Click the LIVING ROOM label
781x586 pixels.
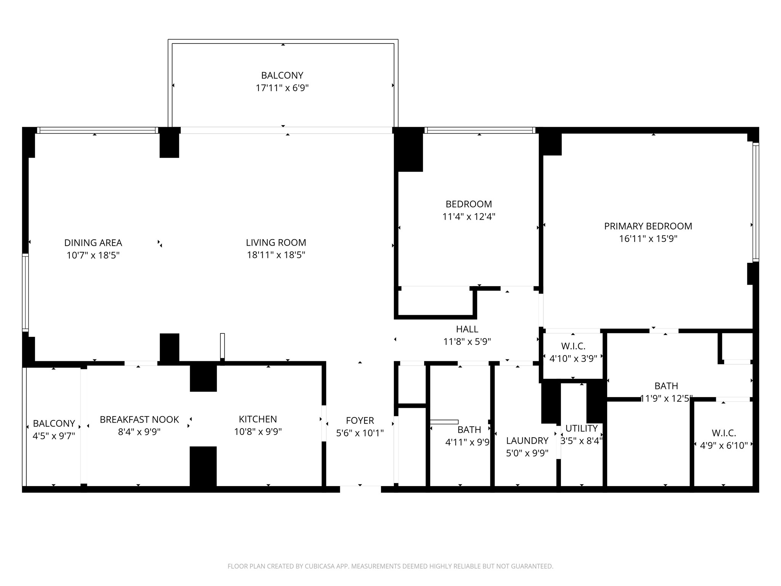point(276,243)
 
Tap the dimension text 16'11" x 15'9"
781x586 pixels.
point(648,239)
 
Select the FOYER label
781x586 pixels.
point(360,420)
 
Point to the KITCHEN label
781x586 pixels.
point(258,419)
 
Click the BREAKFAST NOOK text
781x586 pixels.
point(139,420)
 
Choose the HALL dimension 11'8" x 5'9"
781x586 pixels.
point(467,341)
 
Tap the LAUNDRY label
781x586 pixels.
point(527,441)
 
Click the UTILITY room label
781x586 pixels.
point(581,428)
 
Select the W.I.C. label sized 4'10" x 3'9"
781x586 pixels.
point(573,346)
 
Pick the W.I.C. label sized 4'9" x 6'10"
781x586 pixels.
point(723,433)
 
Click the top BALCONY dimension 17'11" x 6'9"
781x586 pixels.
point(282,88)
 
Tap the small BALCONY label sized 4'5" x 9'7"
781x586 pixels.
point(54,423)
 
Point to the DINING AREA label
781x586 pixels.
point(93,243)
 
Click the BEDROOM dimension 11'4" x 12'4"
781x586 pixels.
point(469,217)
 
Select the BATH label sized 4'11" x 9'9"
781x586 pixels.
point(469,430)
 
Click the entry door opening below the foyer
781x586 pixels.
point(360,489)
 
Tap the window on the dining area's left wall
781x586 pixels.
point(25,292)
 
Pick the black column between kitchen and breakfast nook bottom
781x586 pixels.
point(203,466)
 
